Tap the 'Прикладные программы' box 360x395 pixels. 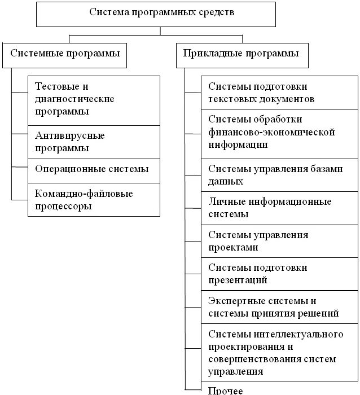pos(242,55)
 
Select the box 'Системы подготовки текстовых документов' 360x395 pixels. pos(280,93)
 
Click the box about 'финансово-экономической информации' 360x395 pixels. pos(280,133)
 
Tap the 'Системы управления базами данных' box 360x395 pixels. pos(280,175)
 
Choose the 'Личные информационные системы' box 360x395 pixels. pos(280,208)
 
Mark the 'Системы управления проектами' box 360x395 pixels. pos(280,241)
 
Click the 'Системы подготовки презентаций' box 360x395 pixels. pos(280,274)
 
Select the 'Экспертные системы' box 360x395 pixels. pos(280,306)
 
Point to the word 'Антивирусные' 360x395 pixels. pos(69,136)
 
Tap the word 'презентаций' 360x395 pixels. pos(238,280)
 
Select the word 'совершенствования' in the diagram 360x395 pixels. pos(246,359)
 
